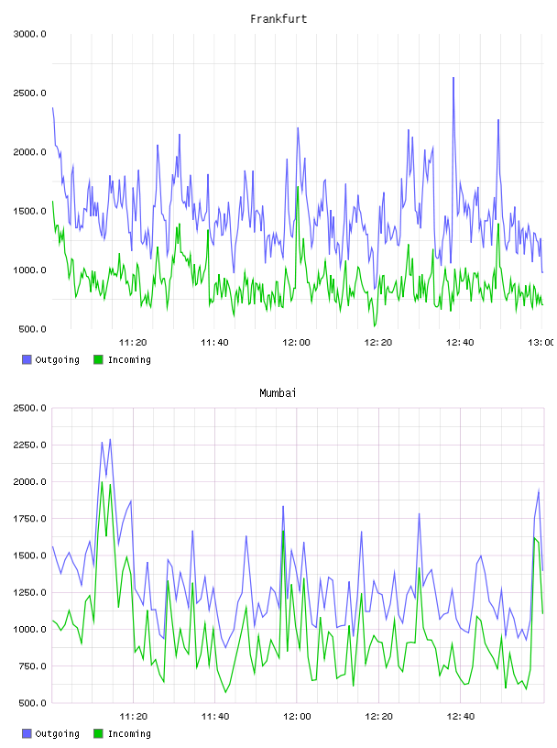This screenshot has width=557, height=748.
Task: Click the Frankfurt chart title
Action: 278,18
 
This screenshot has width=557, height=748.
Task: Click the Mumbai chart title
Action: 278,392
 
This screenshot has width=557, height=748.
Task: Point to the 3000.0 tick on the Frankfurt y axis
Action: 29,34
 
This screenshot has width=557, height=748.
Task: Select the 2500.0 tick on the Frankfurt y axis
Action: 29,93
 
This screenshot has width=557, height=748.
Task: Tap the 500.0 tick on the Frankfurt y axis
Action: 32,329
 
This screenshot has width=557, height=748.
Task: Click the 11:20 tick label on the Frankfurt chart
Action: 133,342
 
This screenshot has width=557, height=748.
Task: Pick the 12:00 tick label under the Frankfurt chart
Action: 296,342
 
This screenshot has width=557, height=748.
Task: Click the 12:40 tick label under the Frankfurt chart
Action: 460,342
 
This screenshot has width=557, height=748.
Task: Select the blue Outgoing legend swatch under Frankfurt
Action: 27,359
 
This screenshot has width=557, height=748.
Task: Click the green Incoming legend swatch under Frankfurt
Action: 98,359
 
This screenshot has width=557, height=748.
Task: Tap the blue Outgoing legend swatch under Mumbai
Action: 27,733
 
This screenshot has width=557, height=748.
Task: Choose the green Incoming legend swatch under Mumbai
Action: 98,733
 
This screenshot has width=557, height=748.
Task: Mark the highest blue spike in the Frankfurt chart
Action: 453,78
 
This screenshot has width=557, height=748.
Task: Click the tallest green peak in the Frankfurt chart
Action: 298,187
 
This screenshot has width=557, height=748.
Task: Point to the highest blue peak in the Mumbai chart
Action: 110,439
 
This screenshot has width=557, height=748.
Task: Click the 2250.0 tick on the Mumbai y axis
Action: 29,445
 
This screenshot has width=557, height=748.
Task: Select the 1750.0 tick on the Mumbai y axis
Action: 29,519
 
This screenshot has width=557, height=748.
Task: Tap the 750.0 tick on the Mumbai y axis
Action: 32,665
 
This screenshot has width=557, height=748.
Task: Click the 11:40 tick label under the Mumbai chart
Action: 215,716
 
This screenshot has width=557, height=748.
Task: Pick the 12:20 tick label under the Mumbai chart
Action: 378,716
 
